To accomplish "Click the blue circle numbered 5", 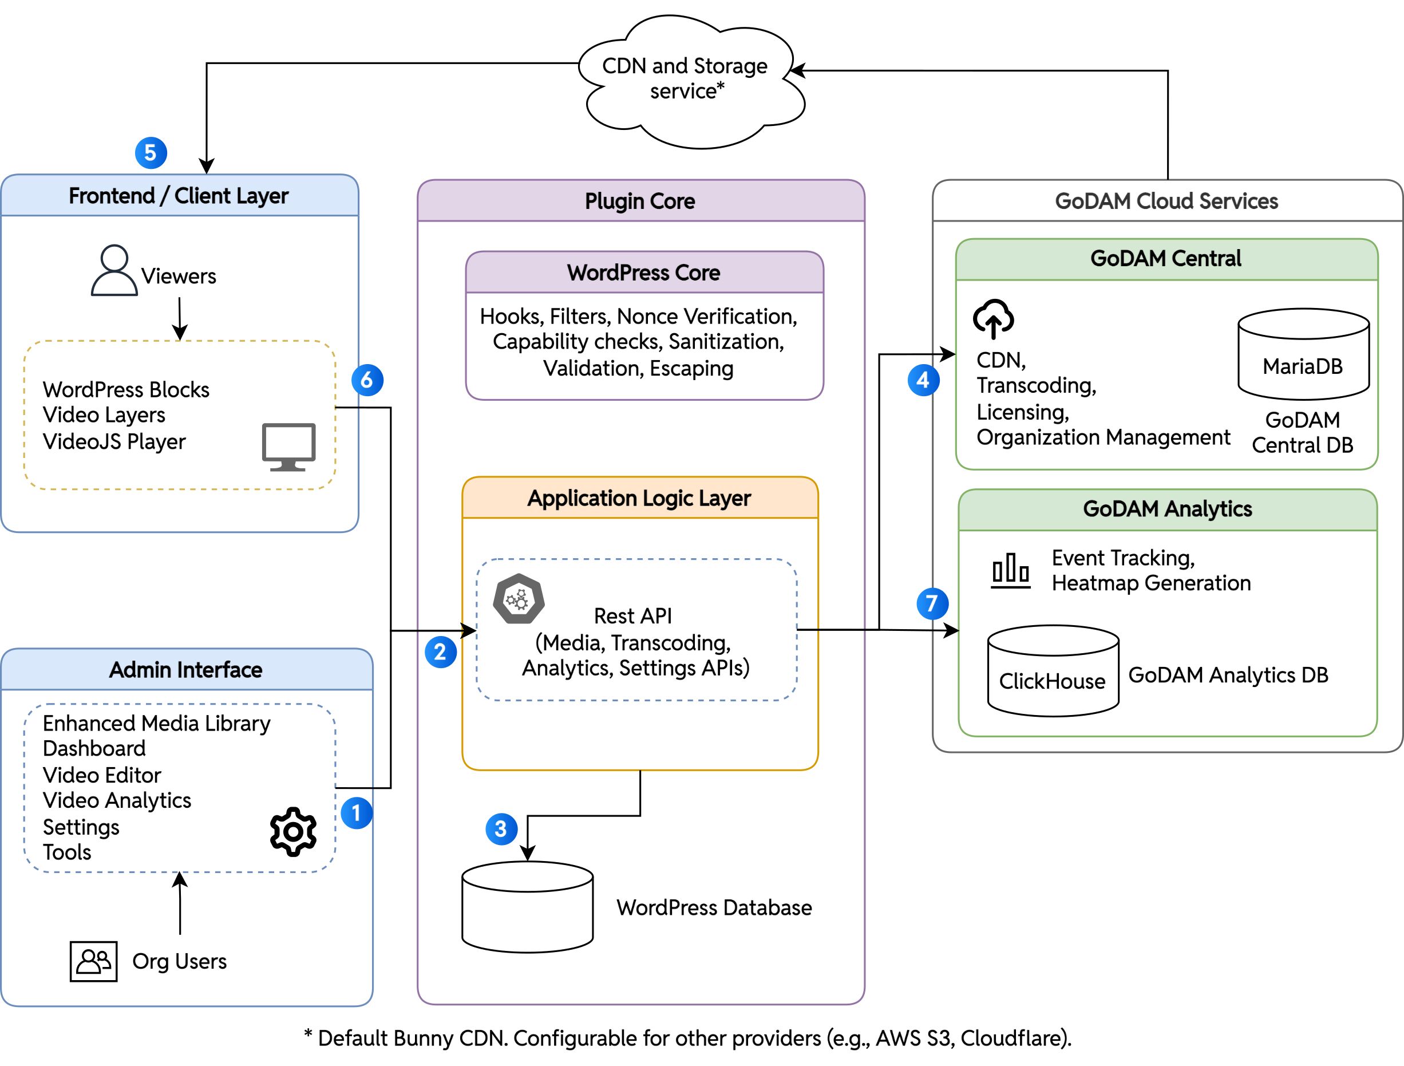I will (151, 153).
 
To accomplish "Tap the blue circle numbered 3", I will (501, 828).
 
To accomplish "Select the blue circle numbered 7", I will (932, 603).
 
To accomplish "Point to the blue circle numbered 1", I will (356, 813).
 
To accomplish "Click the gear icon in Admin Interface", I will (292, 831).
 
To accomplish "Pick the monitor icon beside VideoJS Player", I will (289, 447).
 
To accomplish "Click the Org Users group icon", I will (93, 961).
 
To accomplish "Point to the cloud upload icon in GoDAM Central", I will (994, 318).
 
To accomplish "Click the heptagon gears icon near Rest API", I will (519, 599).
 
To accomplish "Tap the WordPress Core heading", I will (643, 273).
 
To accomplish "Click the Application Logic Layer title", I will (639, 499).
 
